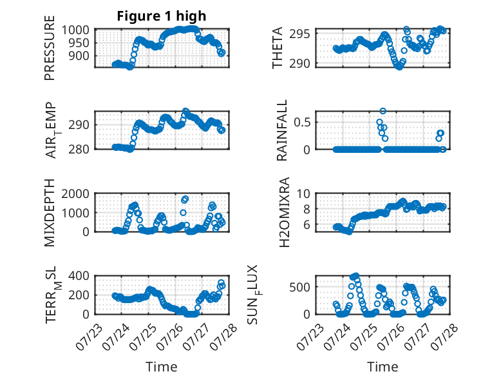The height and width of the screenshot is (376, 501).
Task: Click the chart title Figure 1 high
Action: pos(162,16)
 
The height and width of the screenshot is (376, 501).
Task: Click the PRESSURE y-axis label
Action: pos(50,48)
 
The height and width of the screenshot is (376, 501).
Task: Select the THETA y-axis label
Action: pos(278,48)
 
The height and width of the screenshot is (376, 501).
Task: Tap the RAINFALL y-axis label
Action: pos(282,130)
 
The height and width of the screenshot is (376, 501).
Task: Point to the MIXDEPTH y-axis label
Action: pos(50,213)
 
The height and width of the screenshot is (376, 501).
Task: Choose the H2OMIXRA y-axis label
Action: pos(284,212)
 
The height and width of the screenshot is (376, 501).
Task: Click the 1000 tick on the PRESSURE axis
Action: pos(75,30)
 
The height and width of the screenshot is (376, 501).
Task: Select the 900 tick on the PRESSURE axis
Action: pos(79,56)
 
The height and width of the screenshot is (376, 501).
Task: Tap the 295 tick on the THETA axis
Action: pos(299,34)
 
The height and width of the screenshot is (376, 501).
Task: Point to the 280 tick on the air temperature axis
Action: pos(79,149)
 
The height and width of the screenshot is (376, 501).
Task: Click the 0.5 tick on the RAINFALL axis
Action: pos(302,123)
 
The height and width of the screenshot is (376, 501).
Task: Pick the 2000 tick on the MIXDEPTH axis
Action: pos(75,193)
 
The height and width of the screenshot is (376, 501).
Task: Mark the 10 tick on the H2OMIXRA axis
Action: pos(303,193)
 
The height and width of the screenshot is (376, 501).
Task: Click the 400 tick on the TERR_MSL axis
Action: pos(79,275)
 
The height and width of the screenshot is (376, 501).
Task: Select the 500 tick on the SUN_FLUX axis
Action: pos(299,288)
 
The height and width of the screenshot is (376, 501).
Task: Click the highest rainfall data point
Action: pos(383,111)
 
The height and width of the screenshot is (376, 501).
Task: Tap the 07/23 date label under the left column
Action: pos(90,337)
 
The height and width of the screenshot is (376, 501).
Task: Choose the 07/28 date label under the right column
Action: pos(444,337)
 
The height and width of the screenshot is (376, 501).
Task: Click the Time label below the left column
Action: pos(162,367)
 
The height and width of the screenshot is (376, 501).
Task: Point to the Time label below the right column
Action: pos(383,367)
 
